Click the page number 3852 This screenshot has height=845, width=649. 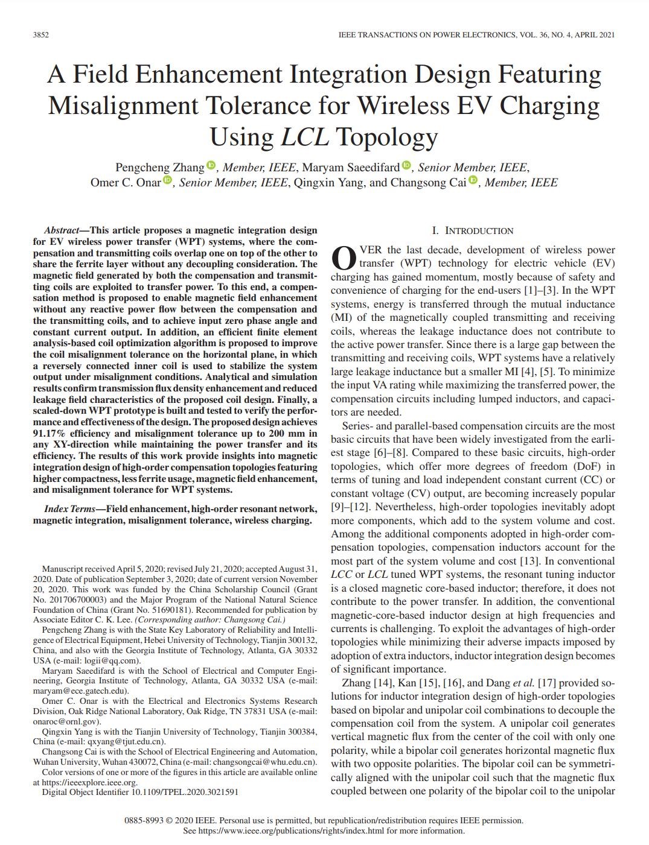(x=40, y=35)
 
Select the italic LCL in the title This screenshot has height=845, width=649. (x=305, y=137)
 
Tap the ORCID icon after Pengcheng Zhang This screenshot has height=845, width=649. (x=211, y=165)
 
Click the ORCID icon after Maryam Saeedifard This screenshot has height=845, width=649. (x=406, y=165)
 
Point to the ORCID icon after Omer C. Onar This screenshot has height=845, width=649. (x=167, y=180)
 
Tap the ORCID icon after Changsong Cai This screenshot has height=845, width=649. (x=473, y=180)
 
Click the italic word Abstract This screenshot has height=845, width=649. (x=61, y=230)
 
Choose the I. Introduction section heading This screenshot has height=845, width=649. (x=473, y=230)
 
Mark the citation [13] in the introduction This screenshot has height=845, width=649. (x=547, y=561)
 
